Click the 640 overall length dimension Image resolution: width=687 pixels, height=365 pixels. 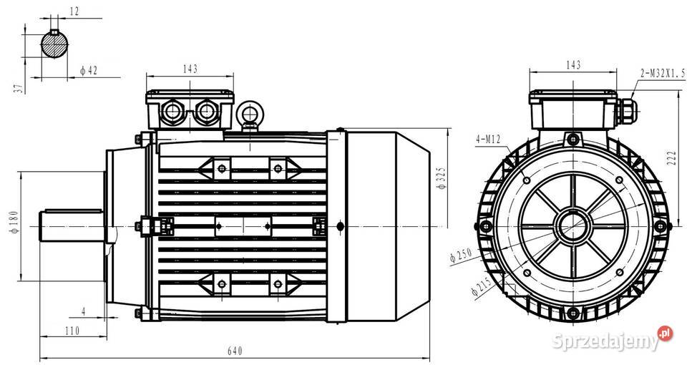point(235,351)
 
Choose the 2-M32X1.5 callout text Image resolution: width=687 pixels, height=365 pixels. point(662,72)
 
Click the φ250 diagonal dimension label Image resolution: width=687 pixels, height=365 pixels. point(459,255)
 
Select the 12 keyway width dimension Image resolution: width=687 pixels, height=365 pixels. point(75,12)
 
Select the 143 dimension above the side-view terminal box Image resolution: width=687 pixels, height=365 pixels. point(190,69)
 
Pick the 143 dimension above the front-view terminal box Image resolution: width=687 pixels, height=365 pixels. point(572,65)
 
